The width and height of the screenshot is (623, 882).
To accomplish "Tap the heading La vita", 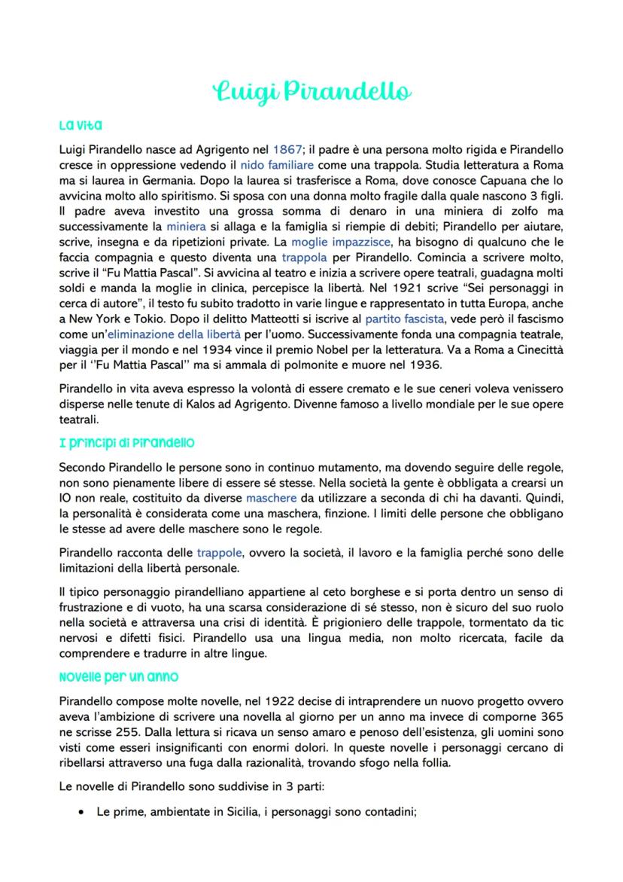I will pyautogui.click(x=81, y=124).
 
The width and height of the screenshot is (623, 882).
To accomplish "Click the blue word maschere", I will pyautogui.click(x=272, y=497).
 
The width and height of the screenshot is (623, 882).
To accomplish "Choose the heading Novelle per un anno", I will pyautogui.click(x=118, y=676).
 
